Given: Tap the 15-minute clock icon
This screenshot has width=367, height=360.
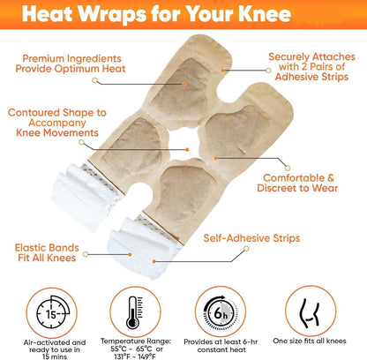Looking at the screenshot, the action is coord(52,313).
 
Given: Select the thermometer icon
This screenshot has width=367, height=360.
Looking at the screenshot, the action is coord(135,312).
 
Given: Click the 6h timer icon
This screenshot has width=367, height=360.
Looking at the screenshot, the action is coord(220,312).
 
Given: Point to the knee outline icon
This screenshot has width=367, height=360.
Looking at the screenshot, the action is coord(309,313).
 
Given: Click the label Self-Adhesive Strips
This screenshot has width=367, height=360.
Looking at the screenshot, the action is coord(251,238).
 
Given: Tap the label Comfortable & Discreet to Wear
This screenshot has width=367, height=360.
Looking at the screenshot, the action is coord(297,183).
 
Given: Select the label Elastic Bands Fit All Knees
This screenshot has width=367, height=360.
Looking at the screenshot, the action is coord(47,252).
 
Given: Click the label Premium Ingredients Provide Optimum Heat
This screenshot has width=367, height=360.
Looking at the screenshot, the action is coord(71,64).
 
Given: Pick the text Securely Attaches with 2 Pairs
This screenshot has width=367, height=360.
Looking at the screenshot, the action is coord(311,62).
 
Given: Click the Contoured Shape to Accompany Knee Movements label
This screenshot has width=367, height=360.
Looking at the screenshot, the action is coord(57,123).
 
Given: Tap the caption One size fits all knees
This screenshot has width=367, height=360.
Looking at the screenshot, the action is coord(310,341).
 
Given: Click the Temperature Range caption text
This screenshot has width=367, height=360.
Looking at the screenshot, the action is coord(136,349).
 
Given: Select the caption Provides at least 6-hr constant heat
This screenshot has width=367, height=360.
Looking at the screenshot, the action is coord(221,346).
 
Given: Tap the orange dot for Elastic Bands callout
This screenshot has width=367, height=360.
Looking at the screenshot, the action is coord(130,254).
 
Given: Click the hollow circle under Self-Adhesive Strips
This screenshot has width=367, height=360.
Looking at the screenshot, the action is coord(246,249).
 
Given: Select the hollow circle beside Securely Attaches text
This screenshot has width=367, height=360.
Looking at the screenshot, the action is coord(268,71).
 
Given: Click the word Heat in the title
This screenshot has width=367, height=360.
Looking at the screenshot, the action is coord(48,13).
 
